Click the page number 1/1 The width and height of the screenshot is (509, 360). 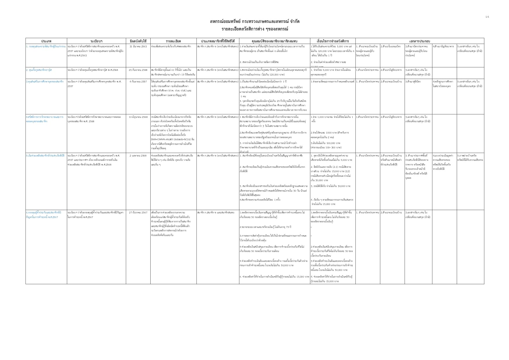click(x=487, y=17)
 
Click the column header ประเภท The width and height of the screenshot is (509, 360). click(x=46, y=41)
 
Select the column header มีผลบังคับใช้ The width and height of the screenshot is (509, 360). click(x=138, y=41)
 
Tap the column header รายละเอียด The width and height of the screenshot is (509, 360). click(x=173, y=41)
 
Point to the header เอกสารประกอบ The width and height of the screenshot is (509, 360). click(x=420, y=41)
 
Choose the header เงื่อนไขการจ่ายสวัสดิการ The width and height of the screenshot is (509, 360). click(x=333, y=41)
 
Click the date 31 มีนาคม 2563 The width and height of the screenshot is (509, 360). click(x=138, y=46)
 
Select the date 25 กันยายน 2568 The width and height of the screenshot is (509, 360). click(x=138, y=70)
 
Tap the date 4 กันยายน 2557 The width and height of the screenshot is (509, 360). click(x=138, y=82)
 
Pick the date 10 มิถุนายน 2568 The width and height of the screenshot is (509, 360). click(x=138, y=117)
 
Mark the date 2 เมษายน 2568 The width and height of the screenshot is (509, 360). click(x=138, y=156)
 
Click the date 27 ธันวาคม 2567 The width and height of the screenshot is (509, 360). click(x=138, y=213)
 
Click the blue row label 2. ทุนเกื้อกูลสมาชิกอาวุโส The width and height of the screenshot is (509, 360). click(x=39, y=70)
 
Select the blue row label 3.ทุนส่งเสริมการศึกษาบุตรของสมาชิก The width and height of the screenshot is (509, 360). click(x=45, y=82)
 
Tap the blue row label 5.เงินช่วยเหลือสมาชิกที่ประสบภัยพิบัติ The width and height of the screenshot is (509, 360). click(x=45, y=156)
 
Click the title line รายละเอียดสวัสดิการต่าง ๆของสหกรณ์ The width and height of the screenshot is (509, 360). click(x=255, y=29)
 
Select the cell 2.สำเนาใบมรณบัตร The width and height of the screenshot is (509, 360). click(x=391, y=46)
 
